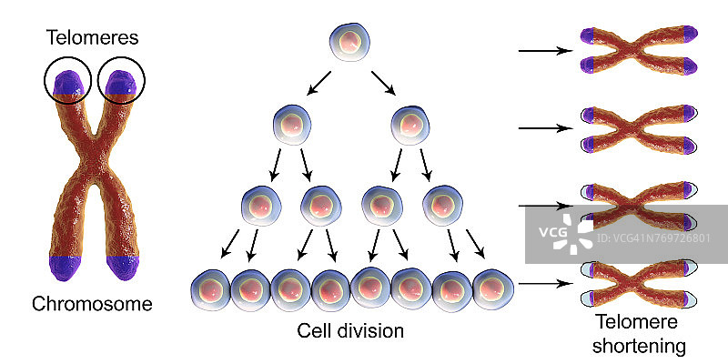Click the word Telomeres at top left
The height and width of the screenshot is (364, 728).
(95, 38)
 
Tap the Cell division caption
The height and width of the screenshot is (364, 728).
(350, 329)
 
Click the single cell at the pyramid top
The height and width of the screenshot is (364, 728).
(350, 43)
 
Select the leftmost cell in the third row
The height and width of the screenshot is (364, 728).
(262, 206)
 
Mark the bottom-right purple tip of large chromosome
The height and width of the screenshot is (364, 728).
(122, 267)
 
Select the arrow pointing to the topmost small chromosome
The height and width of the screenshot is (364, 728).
(543, 51)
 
